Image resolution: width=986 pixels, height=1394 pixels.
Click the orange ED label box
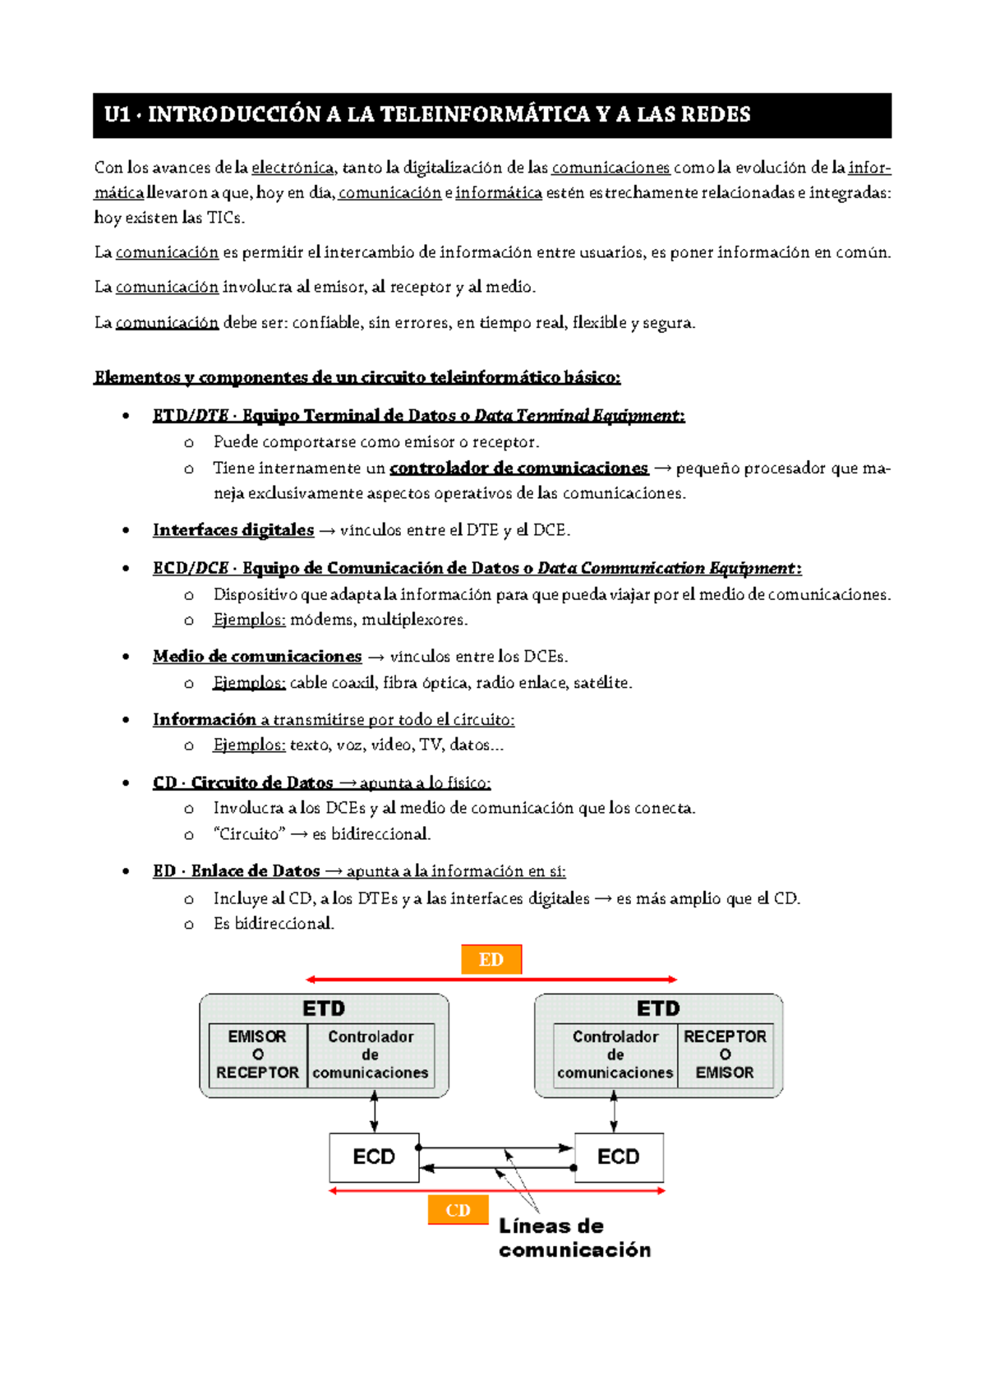click(491, 959)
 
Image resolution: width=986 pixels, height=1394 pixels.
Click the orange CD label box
click(458, 1210)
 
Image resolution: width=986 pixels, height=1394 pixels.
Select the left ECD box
click(374, 1157)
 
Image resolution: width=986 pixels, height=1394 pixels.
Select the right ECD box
click(619, 1157)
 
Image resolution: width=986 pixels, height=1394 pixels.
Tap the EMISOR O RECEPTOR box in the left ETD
click(258, 1055)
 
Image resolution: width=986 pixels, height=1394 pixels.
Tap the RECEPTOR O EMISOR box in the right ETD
click(725, 1055)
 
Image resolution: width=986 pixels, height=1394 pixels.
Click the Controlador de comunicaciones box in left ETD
click(371, 1055)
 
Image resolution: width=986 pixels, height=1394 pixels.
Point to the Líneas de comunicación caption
click(574, 1238)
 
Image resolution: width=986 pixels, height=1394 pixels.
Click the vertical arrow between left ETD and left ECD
click(375, 1112)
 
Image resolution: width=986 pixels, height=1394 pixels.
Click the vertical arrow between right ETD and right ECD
click(614, 1112)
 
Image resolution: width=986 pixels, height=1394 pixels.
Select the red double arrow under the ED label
click(491, 980)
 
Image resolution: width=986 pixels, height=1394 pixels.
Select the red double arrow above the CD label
click(497, 1190)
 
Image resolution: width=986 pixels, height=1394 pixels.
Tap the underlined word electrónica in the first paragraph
click(293, 168)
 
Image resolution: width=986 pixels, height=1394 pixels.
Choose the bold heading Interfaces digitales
click(233, 530)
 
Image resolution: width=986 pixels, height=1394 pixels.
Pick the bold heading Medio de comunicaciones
click(257, 657)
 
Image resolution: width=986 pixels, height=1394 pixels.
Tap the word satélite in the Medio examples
click(606, 683)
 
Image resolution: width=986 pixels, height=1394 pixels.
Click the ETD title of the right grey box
click(658, 1009)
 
